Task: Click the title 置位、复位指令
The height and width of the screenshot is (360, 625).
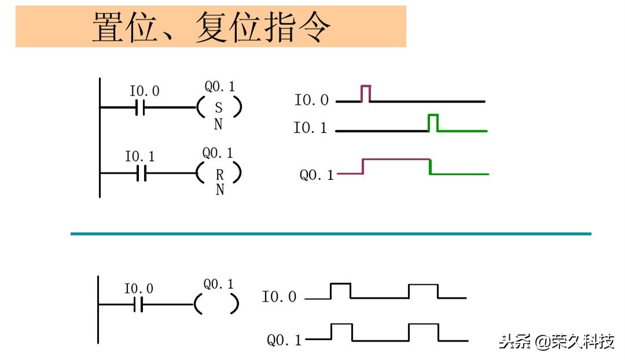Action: (x=211, y=27)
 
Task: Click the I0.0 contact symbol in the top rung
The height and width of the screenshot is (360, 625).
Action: (x=140, y=107)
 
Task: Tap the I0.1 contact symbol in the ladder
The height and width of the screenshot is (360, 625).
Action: (x=141, y=172)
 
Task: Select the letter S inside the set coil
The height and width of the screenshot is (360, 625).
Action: (x=218, y=108)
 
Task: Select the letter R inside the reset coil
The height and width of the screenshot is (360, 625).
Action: (x=219, y=173)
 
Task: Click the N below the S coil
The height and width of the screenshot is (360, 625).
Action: (x=218, y=124)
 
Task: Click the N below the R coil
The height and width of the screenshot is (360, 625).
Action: (x=220, y=190)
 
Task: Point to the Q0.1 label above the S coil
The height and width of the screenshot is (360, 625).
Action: (x=220, y=87)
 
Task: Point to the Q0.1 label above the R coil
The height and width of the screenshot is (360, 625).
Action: (x=218, y=153)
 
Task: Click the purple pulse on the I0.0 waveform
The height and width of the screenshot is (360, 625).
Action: (x=366, y=92)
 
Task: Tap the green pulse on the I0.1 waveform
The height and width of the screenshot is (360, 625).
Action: (x=433, y=122)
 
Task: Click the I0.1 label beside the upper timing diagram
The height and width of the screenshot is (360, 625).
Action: (x=310, y=128)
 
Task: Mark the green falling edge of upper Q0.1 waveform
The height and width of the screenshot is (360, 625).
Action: (x=430, y=166)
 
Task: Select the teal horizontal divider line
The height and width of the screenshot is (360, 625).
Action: (x=330, y=233)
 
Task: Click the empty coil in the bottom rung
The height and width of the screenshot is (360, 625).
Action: (x=216, y=303)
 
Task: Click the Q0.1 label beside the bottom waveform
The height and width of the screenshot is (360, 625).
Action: (x=284, y=340)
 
